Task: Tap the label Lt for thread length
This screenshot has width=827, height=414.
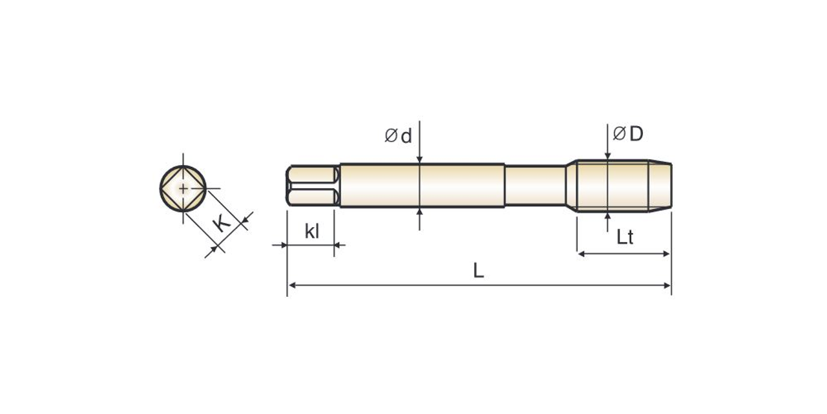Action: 624,237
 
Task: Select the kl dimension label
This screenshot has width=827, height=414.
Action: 312,232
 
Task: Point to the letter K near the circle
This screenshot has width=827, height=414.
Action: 222,224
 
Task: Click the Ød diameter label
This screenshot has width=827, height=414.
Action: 398,136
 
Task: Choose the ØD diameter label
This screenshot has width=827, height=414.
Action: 628,134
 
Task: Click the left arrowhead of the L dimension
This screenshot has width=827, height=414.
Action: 292,285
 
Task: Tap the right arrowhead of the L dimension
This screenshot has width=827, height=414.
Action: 667,285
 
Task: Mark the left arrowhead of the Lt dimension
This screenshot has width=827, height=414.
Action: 581,254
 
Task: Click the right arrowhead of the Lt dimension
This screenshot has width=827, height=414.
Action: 667,254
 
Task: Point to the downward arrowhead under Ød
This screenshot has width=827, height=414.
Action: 419,159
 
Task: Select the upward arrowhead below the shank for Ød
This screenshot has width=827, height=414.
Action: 419,212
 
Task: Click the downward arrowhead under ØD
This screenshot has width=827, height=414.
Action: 608,155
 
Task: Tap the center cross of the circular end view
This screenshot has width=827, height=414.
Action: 183,188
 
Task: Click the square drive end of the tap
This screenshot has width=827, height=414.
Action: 313,186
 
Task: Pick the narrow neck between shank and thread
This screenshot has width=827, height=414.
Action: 535,186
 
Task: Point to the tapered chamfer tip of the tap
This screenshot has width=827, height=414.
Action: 660,186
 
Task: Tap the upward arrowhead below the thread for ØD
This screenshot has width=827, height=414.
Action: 608,216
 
